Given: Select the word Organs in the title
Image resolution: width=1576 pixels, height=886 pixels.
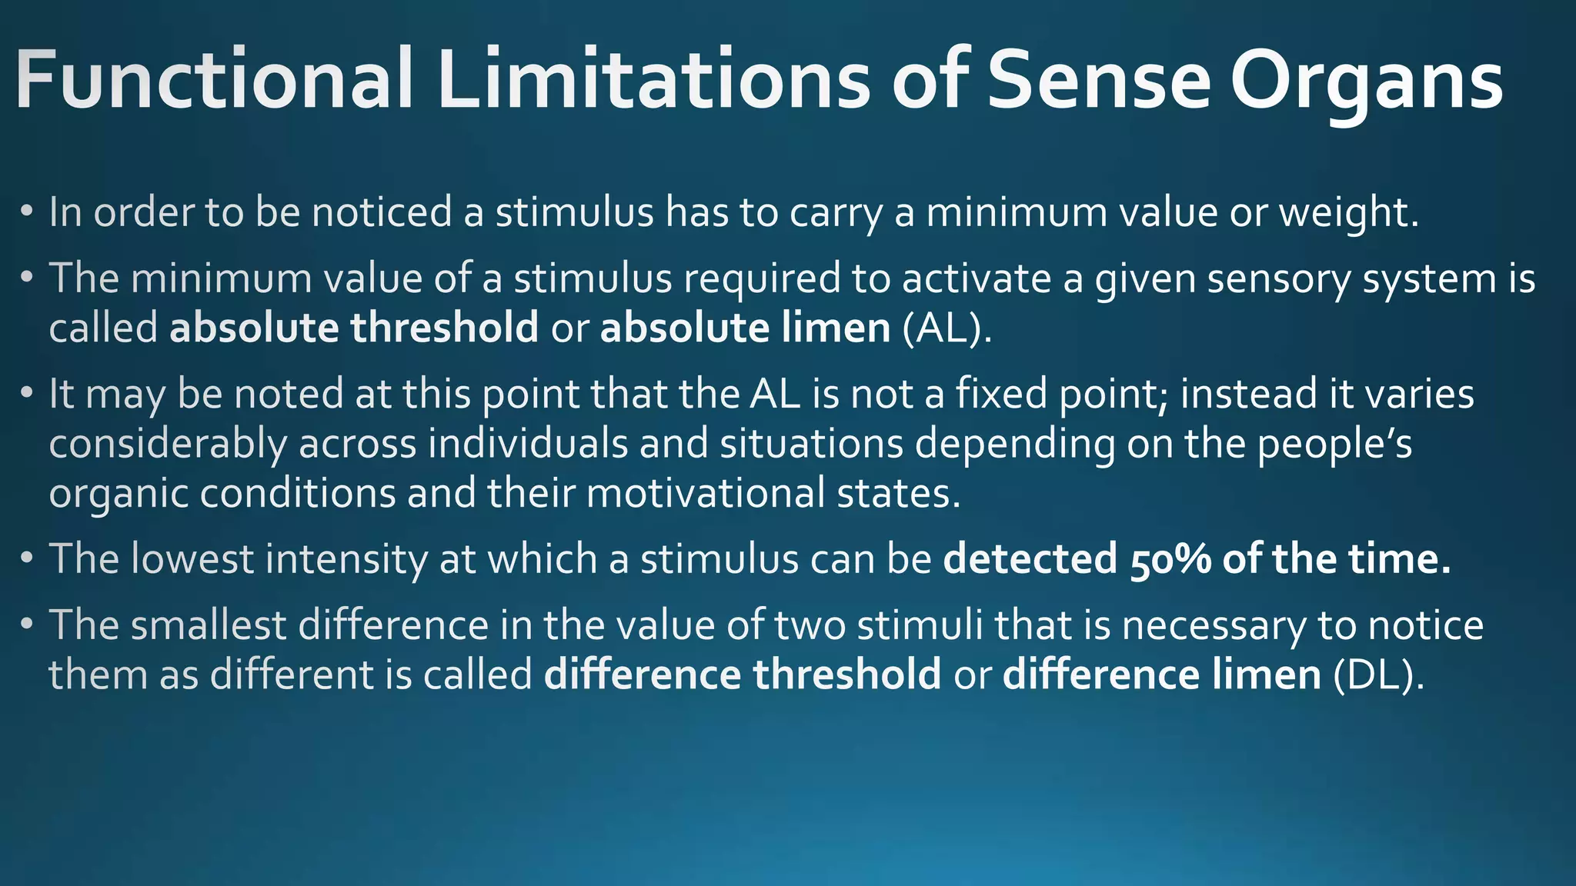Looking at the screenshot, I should coord(1366,81).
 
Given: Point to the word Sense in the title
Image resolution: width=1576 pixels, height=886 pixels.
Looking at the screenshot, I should coord(1099,81).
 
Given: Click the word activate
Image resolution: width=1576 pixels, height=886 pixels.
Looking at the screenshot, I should coord(976,278).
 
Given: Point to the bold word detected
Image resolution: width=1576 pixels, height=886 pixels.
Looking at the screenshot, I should coord(1030,559).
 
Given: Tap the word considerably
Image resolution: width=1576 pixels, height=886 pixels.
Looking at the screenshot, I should coord(167,445).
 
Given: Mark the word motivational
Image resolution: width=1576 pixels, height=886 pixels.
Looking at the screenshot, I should coord(706,493).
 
